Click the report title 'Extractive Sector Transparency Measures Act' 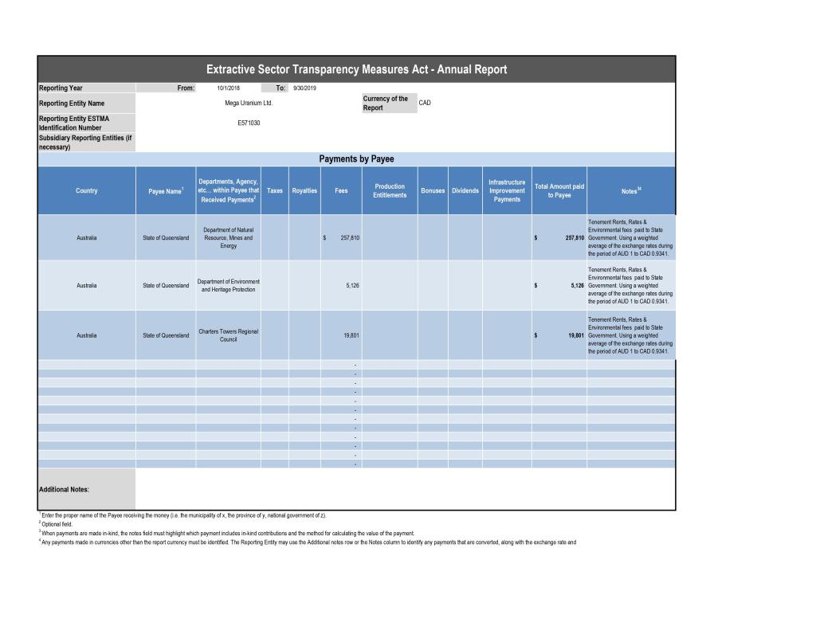coord(356,69)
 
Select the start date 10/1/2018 coord(228,88)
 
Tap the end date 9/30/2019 coord(304,88)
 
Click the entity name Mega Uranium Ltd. coord(249,104)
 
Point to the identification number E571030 coord(249,123)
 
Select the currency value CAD coord(425,104)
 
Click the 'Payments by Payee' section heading coord(356,159)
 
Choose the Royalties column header coord(304,191)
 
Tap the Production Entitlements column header coord(390,191)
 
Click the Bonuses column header coord(433,191)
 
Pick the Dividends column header coord(465,191)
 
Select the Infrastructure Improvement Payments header coord(507,191)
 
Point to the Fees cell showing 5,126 coord(351,286)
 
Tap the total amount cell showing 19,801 coord(575,335)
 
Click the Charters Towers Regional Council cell coord(228,335)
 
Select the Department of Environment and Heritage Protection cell coord(228,286)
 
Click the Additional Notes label coord(65,490)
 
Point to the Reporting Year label coord(61,88)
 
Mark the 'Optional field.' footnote coord(57,525)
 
